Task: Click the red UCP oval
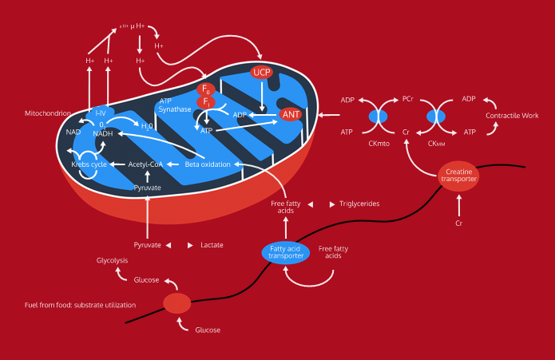(x=262, y=73)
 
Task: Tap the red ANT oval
(x=290, y=114)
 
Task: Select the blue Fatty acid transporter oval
(x=285, y=252)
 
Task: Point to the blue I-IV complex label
(x=101, y=113)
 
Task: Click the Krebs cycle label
(x=89, y=164)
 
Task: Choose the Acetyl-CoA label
(x=147, y=164)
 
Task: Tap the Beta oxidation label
(x=208, y=164)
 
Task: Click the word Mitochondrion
(x=48, y=113)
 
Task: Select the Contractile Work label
(x=512, y=116)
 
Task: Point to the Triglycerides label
(x=359, y=204)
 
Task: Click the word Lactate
(x=212, y=245)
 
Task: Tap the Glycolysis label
(x=112, y=260)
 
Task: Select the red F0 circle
(x=206, y=89)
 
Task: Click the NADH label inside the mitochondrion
(x=103, y=133)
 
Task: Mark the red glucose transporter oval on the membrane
(x=177, y=303)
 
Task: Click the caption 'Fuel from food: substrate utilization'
(x=80, y=305)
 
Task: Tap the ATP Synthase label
(x=175, y=105)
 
